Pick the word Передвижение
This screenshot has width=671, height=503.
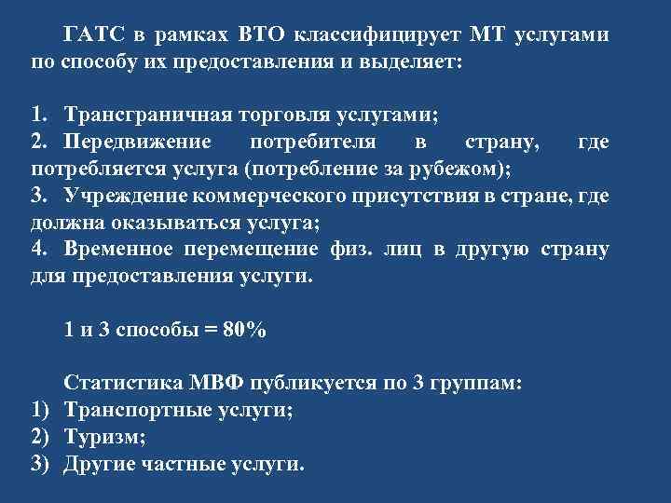coord(138,142)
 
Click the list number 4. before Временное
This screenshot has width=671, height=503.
coord(39,250)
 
